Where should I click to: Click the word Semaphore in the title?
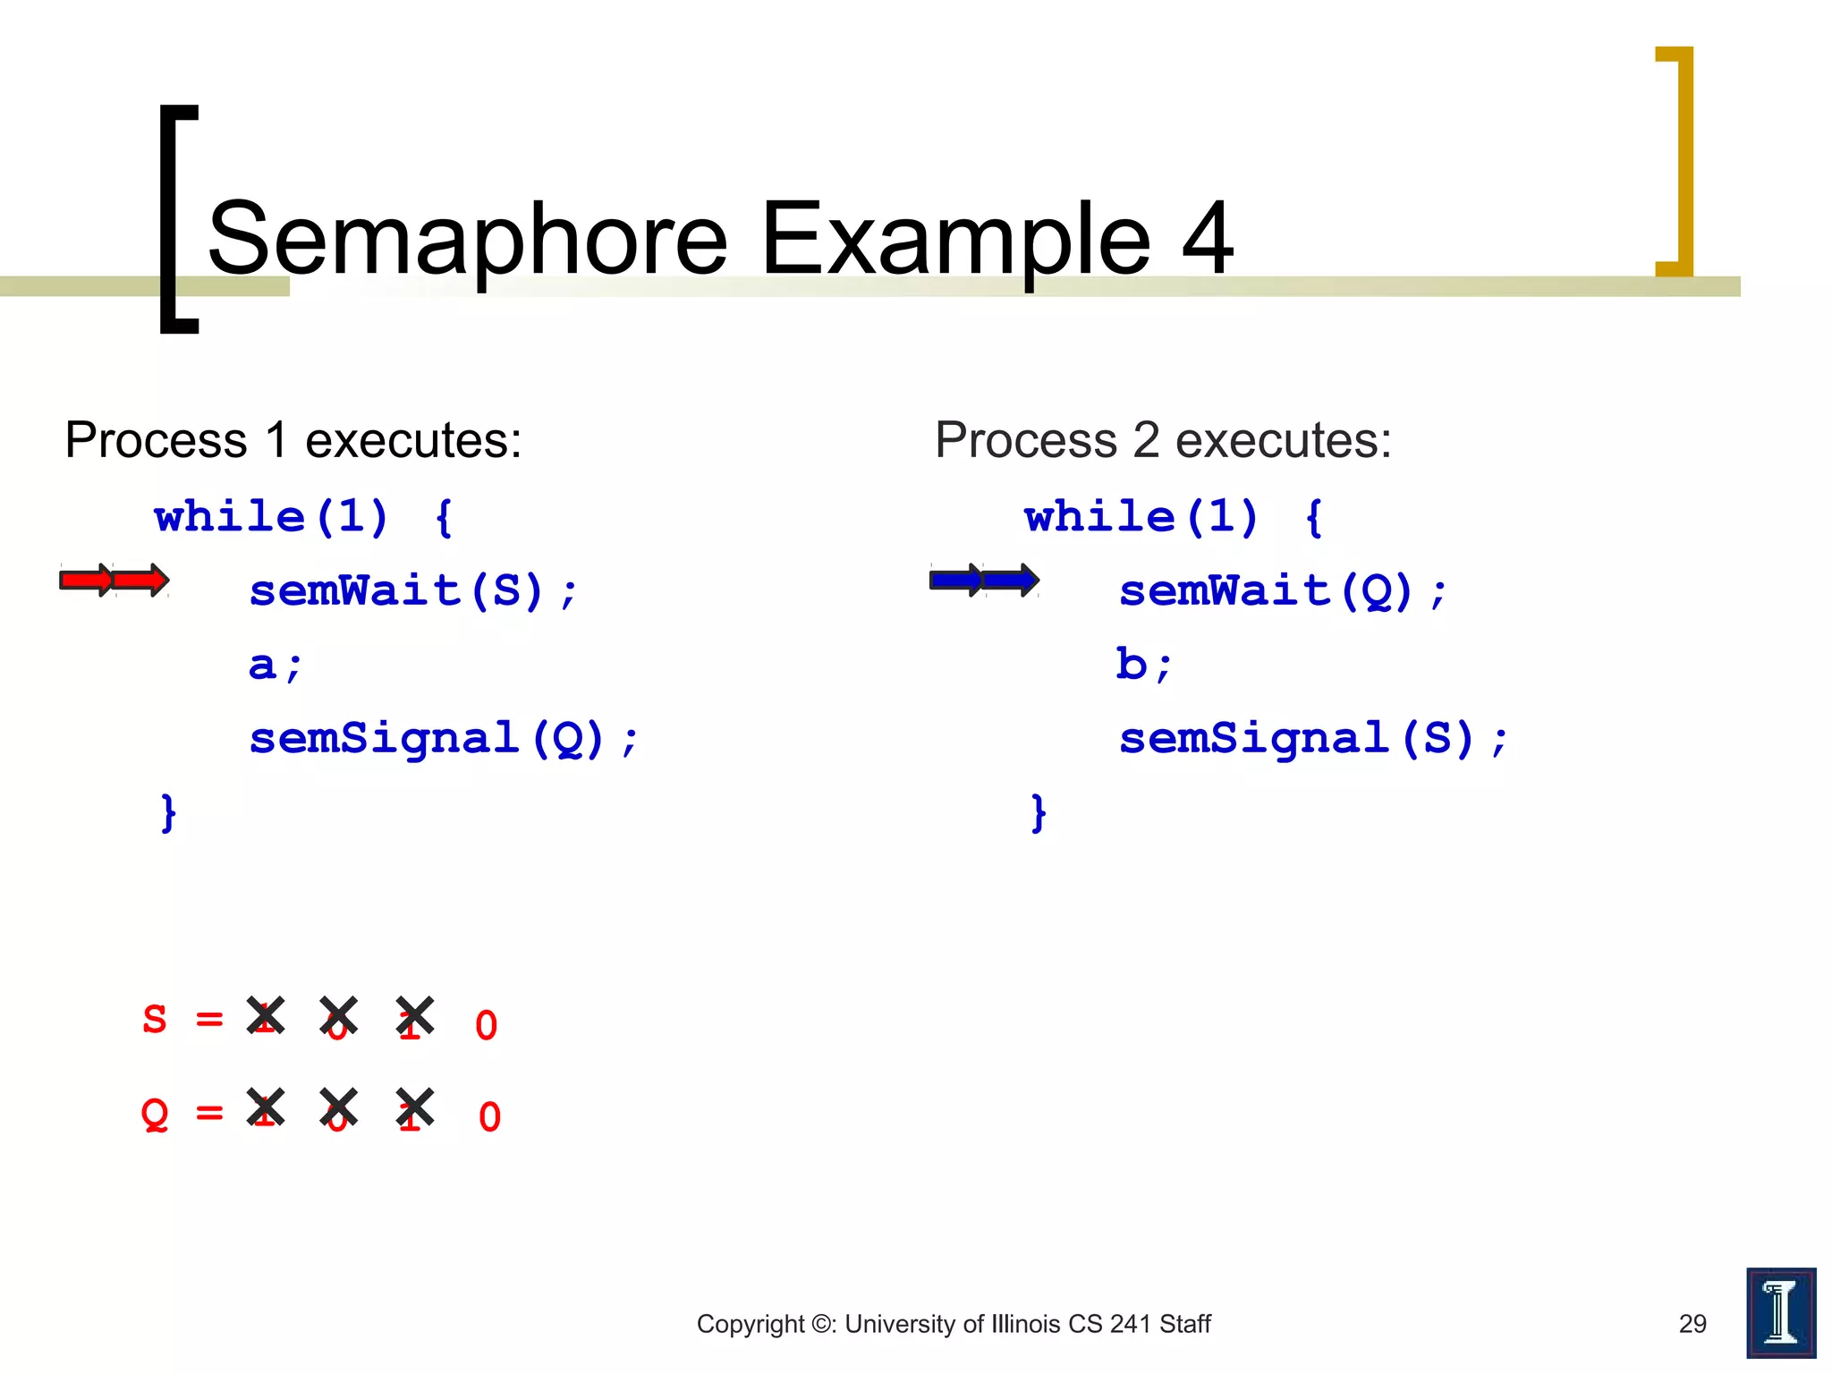(467, 239)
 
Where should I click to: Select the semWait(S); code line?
(413, 591)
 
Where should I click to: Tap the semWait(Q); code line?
(1282, 591)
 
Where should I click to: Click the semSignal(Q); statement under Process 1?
(443, 739)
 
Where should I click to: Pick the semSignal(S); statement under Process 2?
(1312, 739)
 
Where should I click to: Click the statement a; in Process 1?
(275, 666)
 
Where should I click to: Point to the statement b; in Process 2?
(1142, 666)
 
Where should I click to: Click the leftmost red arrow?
(86, 581)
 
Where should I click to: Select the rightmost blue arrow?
(1011, 581)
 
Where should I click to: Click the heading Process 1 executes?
(293, 440)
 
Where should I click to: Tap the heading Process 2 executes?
(1162, 440)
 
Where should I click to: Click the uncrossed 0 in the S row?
(486, 1026)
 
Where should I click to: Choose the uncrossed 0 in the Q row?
(489, 1117)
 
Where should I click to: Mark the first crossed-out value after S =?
(266, 1017)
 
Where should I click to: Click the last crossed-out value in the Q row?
(414, 1109)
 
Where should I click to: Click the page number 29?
(1692, 1324)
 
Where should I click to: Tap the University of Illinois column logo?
(1780, 1312)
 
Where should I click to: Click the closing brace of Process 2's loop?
(1038, 812)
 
